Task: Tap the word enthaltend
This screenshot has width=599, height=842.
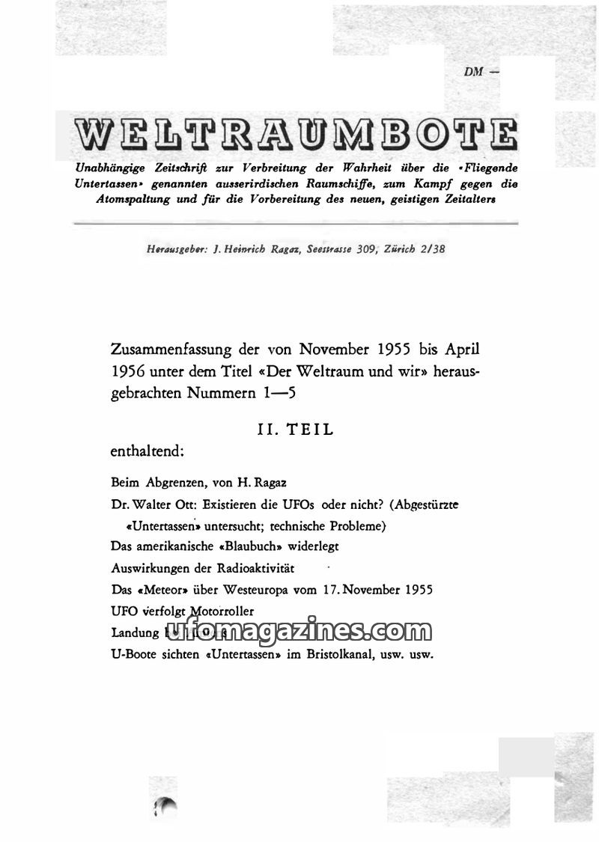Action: click(x=147, y=451)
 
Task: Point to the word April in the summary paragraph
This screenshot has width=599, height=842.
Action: click(x=458, y=350)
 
